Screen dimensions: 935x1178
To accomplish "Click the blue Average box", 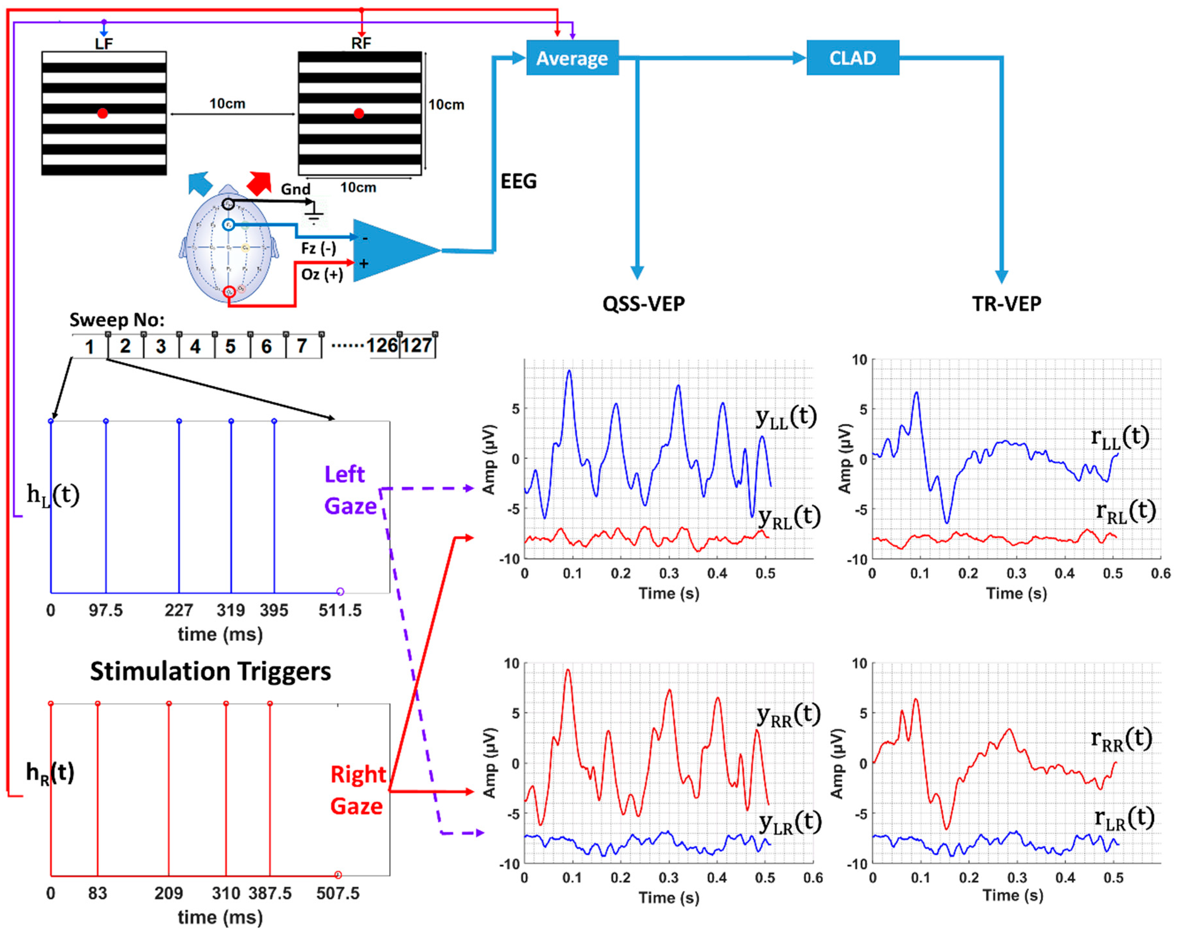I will coord(572,58).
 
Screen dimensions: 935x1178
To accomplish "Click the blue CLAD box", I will coord(852,58).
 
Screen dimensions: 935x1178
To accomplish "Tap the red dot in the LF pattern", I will coord(102,114).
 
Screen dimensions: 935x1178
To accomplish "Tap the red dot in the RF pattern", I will coord(358,114).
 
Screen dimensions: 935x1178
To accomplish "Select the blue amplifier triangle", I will coord(391,251).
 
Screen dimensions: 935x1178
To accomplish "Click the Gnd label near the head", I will coord(295,189).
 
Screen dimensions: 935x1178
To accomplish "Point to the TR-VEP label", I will coord(1006,304).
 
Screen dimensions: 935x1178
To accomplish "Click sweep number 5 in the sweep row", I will coord(231,346).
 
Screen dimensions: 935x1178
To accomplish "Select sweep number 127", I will coord(417,346).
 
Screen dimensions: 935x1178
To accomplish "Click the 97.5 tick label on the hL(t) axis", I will coord(106,610).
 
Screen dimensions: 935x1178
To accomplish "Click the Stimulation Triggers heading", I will coord(210,671).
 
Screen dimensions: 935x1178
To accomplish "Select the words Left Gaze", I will coord(350,490).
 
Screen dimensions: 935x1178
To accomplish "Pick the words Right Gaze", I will coord(358,790).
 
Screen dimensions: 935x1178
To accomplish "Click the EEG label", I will coord(518,181).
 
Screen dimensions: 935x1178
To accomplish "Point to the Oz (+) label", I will coord(322,274).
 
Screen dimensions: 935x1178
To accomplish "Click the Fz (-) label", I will coord(318,248).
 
